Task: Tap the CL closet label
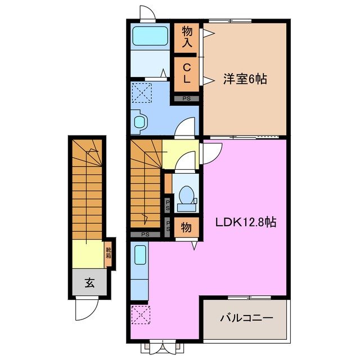[187, 73]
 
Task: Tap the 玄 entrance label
[89, 283]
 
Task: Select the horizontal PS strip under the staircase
[145, 234]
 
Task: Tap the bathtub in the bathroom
[150, 37]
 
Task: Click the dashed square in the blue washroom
[139, 92]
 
